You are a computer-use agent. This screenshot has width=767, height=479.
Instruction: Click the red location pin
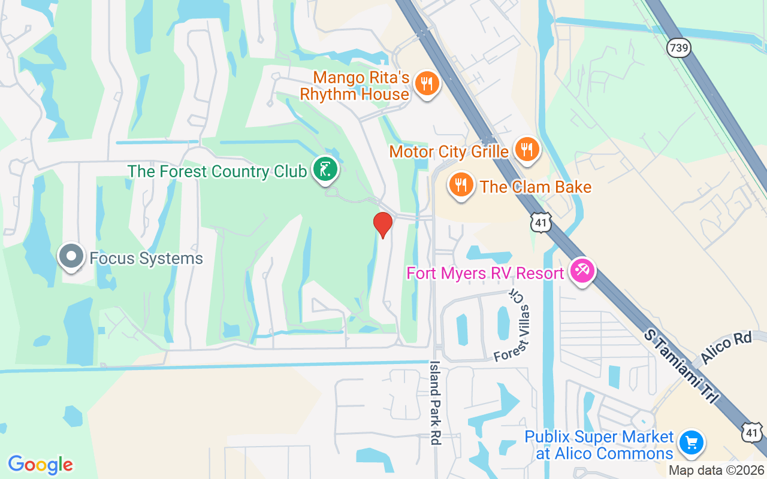[383, 225]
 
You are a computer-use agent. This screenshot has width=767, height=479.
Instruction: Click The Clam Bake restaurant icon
[460, 184]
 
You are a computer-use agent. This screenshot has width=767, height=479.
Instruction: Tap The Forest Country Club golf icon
[325, 169]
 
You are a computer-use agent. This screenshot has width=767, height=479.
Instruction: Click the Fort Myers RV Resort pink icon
[581, 271]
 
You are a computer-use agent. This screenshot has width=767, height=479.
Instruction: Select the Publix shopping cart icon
[691, 443]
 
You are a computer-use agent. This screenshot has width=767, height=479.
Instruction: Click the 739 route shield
[678, 48]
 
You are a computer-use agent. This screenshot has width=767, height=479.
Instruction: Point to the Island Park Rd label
[436, 402]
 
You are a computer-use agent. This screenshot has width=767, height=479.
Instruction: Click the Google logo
[41, 465]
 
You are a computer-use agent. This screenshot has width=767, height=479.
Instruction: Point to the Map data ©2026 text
[716, 471]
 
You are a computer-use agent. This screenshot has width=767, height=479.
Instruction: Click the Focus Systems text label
[146, 259]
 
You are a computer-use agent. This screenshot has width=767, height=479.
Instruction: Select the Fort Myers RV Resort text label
[485, 274]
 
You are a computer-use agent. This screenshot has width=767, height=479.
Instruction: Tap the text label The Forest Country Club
[217, 171]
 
